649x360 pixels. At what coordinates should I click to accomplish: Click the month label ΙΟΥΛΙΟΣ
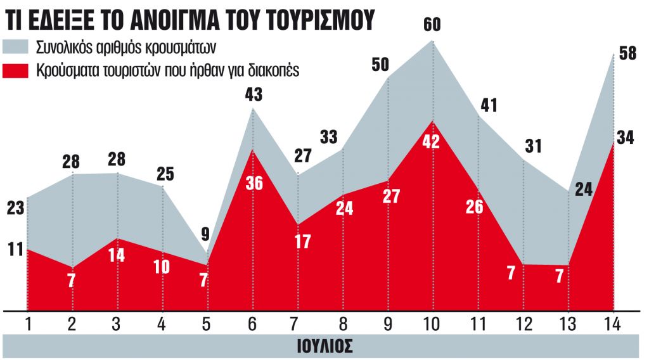(x=324, y=346)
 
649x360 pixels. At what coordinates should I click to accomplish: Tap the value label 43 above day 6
(x=254, y=94)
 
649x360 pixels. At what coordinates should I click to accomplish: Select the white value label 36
(x=254, y=186)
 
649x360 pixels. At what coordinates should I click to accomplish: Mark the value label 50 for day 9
(x=380, y=64)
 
